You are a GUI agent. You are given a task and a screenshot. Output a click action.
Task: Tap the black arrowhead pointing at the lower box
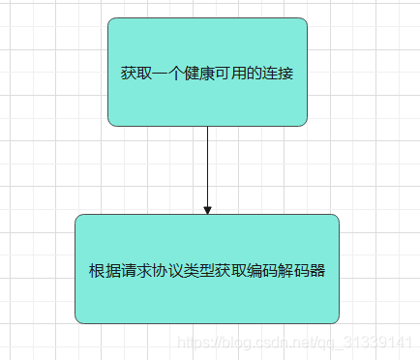207,209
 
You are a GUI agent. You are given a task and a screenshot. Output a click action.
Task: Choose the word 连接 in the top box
278,73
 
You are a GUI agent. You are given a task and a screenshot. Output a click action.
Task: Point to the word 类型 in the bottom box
193,271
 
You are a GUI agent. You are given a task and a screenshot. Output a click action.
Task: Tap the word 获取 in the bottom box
223,271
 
